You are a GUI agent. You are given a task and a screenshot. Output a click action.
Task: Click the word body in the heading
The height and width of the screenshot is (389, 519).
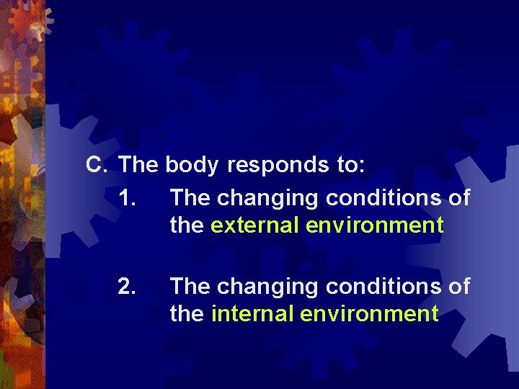[191, 166]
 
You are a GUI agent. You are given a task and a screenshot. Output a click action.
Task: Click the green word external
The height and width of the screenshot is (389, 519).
[255, 225]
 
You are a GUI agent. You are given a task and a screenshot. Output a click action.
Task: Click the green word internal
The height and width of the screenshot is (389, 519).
[252, 314]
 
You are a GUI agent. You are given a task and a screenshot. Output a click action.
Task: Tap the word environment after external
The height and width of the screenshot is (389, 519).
[374, 225]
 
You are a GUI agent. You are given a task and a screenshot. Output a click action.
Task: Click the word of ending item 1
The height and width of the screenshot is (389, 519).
[459, 197]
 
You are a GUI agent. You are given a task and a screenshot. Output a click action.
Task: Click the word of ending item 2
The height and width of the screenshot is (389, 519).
[459, 287]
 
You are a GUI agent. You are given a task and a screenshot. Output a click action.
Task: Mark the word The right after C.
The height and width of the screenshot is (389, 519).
[139, 165]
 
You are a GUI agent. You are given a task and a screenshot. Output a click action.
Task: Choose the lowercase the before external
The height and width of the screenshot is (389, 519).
[187, 225]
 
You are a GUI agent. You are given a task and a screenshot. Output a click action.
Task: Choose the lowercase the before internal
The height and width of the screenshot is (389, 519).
[187, 314]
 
